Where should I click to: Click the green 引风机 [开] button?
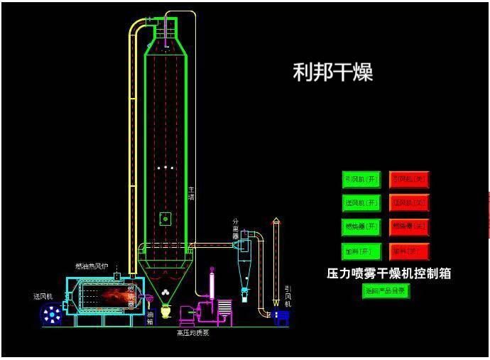[361, 180]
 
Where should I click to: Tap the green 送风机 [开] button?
[361, 203]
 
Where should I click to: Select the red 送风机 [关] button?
[409, 203]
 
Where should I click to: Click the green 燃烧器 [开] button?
[361, 227]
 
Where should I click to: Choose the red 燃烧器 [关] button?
[409, 227]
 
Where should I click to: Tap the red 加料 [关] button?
[409, 251]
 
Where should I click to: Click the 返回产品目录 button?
[386, 290]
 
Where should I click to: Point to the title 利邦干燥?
[333, 72]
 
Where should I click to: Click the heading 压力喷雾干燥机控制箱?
[388, 273]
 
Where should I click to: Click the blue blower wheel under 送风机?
[52, 314]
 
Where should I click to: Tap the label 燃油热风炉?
[92, 267]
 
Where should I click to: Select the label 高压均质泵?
[192, 333]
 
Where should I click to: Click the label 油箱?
[150, 317]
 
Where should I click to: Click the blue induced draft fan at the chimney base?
[282, 317]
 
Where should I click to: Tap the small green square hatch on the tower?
[165, 219]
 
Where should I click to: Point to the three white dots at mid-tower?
[165, 168]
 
